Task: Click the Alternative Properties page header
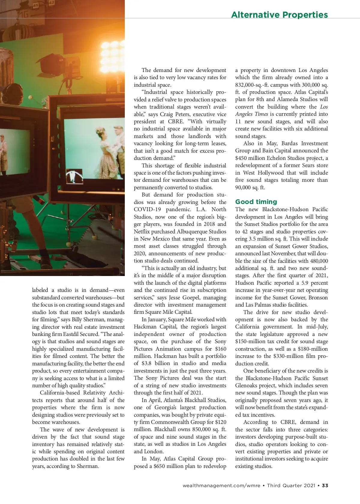tap(279, 15)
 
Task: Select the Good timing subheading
tap(256, 202)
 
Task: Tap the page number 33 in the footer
tap(325, 485)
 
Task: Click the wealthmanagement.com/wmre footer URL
tap(221, 485)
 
